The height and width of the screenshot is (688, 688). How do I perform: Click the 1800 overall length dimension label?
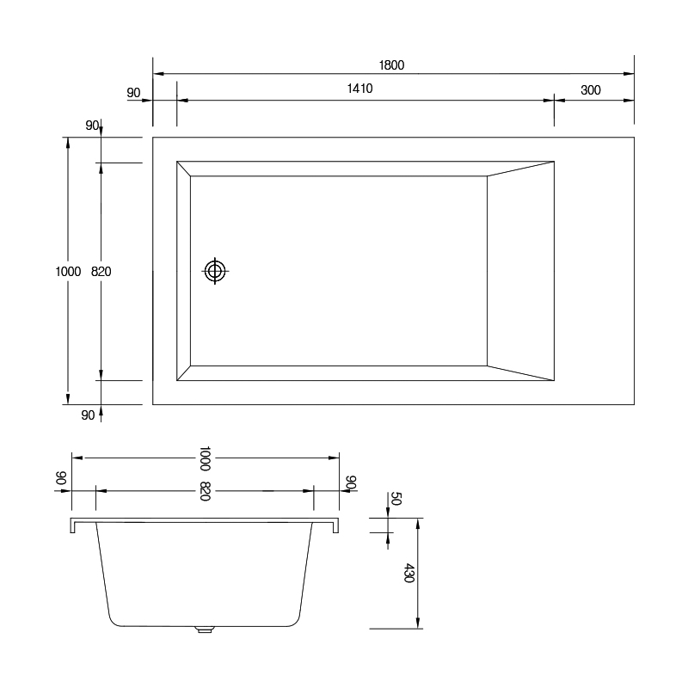(391, 65)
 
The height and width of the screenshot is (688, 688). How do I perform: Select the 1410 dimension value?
(359, 89)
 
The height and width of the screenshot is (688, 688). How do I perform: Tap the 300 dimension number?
(591, 90)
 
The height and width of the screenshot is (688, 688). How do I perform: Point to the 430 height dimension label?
(408, 573)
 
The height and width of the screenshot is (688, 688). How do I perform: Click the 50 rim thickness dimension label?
(396, 499)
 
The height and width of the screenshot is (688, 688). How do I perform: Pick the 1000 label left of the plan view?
(68, 272)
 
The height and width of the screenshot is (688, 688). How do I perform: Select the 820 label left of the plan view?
(101, 272)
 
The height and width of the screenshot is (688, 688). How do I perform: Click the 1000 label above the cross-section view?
(205, 458)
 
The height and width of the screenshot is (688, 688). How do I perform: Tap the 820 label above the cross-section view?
(205, 491)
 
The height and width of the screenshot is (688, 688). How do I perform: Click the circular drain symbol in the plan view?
(215, 271)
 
